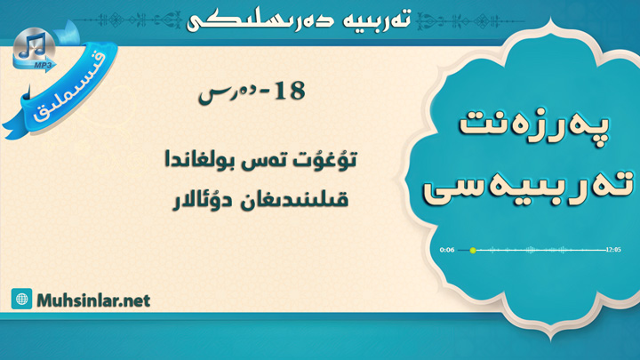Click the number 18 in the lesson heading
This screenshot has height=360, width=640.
click(290, 91)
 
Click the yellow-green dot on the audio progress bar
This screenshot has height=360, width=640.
click(473, 250)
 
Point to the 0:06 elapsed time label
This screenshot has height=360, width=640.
click(447, 250)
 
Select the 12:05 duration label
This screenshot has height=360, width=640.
click(613, 250)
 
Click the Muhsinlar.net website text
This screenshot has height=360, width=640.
click(93, 300)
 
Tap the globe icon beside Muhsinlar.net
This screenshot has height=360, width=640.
click(21, 299)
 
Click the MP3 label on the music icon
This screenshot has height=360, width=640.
click(40, 65)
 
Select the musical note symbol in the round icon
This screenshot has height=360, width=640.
click(33, 45)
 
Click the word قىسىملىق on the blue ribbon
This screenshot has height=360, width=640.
click(69, 89)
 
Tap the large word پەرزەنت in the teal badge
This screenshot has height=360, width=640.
click(533, 124)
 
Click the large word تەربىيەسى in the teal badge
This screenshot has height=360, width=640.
click(528, 187)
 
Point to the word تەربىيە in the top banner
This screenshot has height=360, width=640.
click(377, 20)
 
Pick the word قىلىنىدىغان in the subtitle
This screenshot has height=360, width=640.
click(294, 200)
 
